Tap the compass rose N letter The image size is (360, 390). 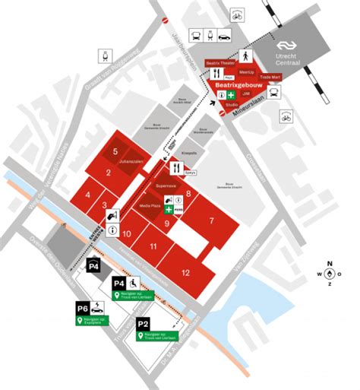pyautogui.click(x=330, y=264)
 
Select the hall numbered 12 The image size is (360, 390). pyautogui.click(x=185, y=272)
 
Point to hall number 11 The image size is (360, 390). pyautogui.click(x=153, y=246)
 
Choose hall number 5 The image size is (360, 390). pyautogui.click(x=115, y=151)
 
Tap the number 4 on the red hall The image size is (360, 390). pyautogui.click(x=89, y=195)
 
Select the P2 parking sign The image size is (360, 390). pyautogui.click(x=143, y=324)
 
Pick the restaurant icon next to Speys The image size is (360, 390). pyautogui.click(x=176, y=168)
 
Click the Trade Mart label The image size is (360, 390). pyautogui.click(x=270, y=77)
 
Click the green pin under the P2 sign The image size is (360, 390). pyautogui.click(x=141, y=337)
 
